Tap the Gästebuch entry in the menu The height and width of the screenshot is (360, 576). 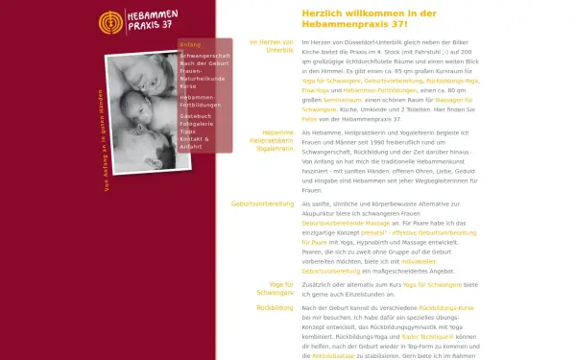197,116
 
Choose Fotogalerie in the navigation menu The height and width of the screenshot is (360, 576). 199,124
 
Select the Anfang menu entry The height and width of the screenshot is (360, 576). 190,45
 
